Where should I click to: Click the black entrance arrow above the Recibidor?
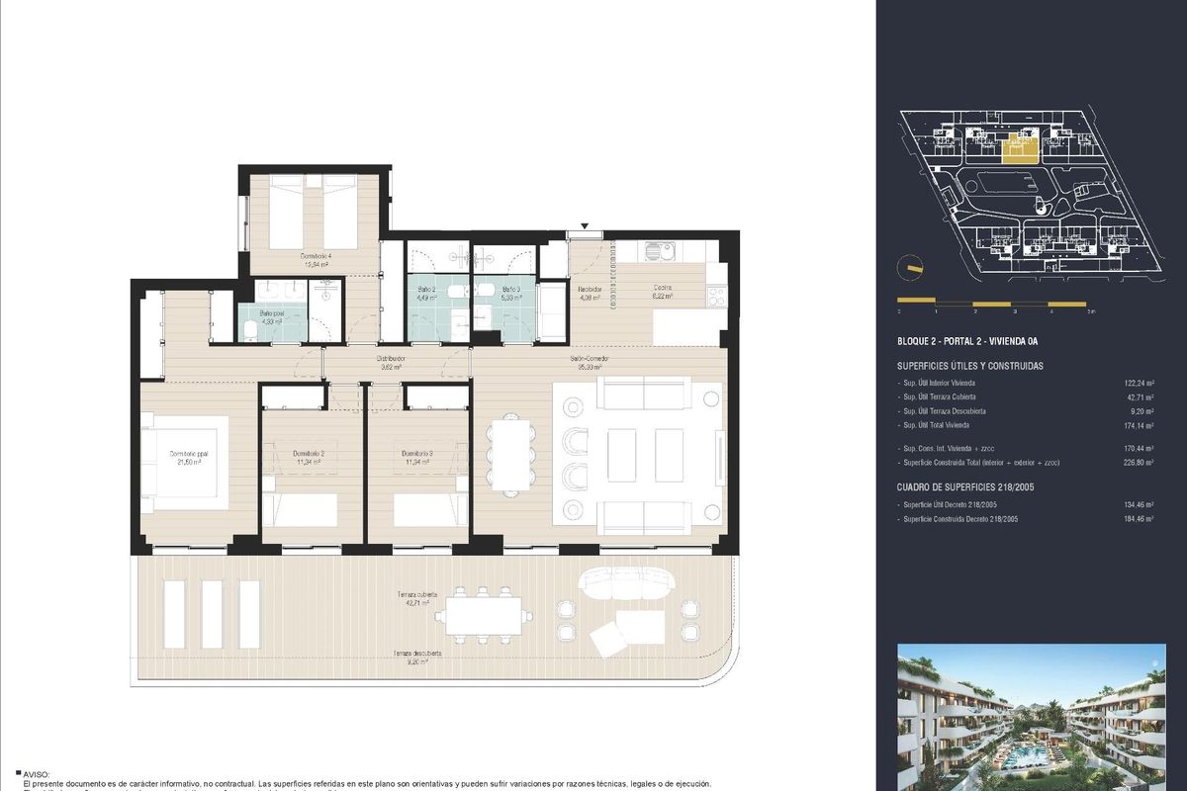tap(586, 227)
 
